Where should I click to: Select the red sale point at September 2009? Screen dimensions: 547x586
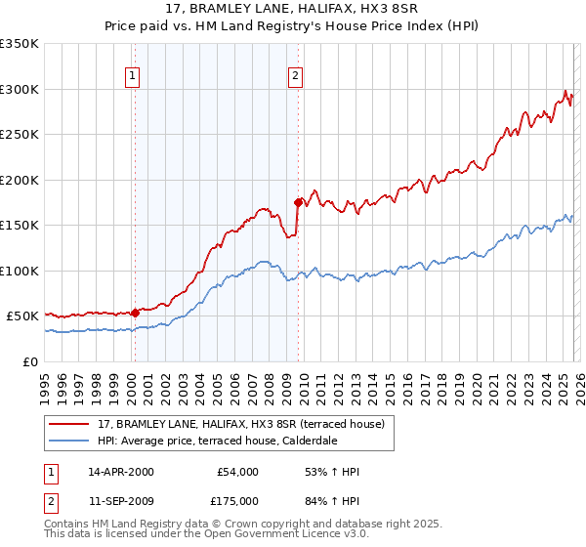(298, 202)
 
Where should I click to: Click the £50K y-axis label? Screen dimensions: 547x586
(23, 316)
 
